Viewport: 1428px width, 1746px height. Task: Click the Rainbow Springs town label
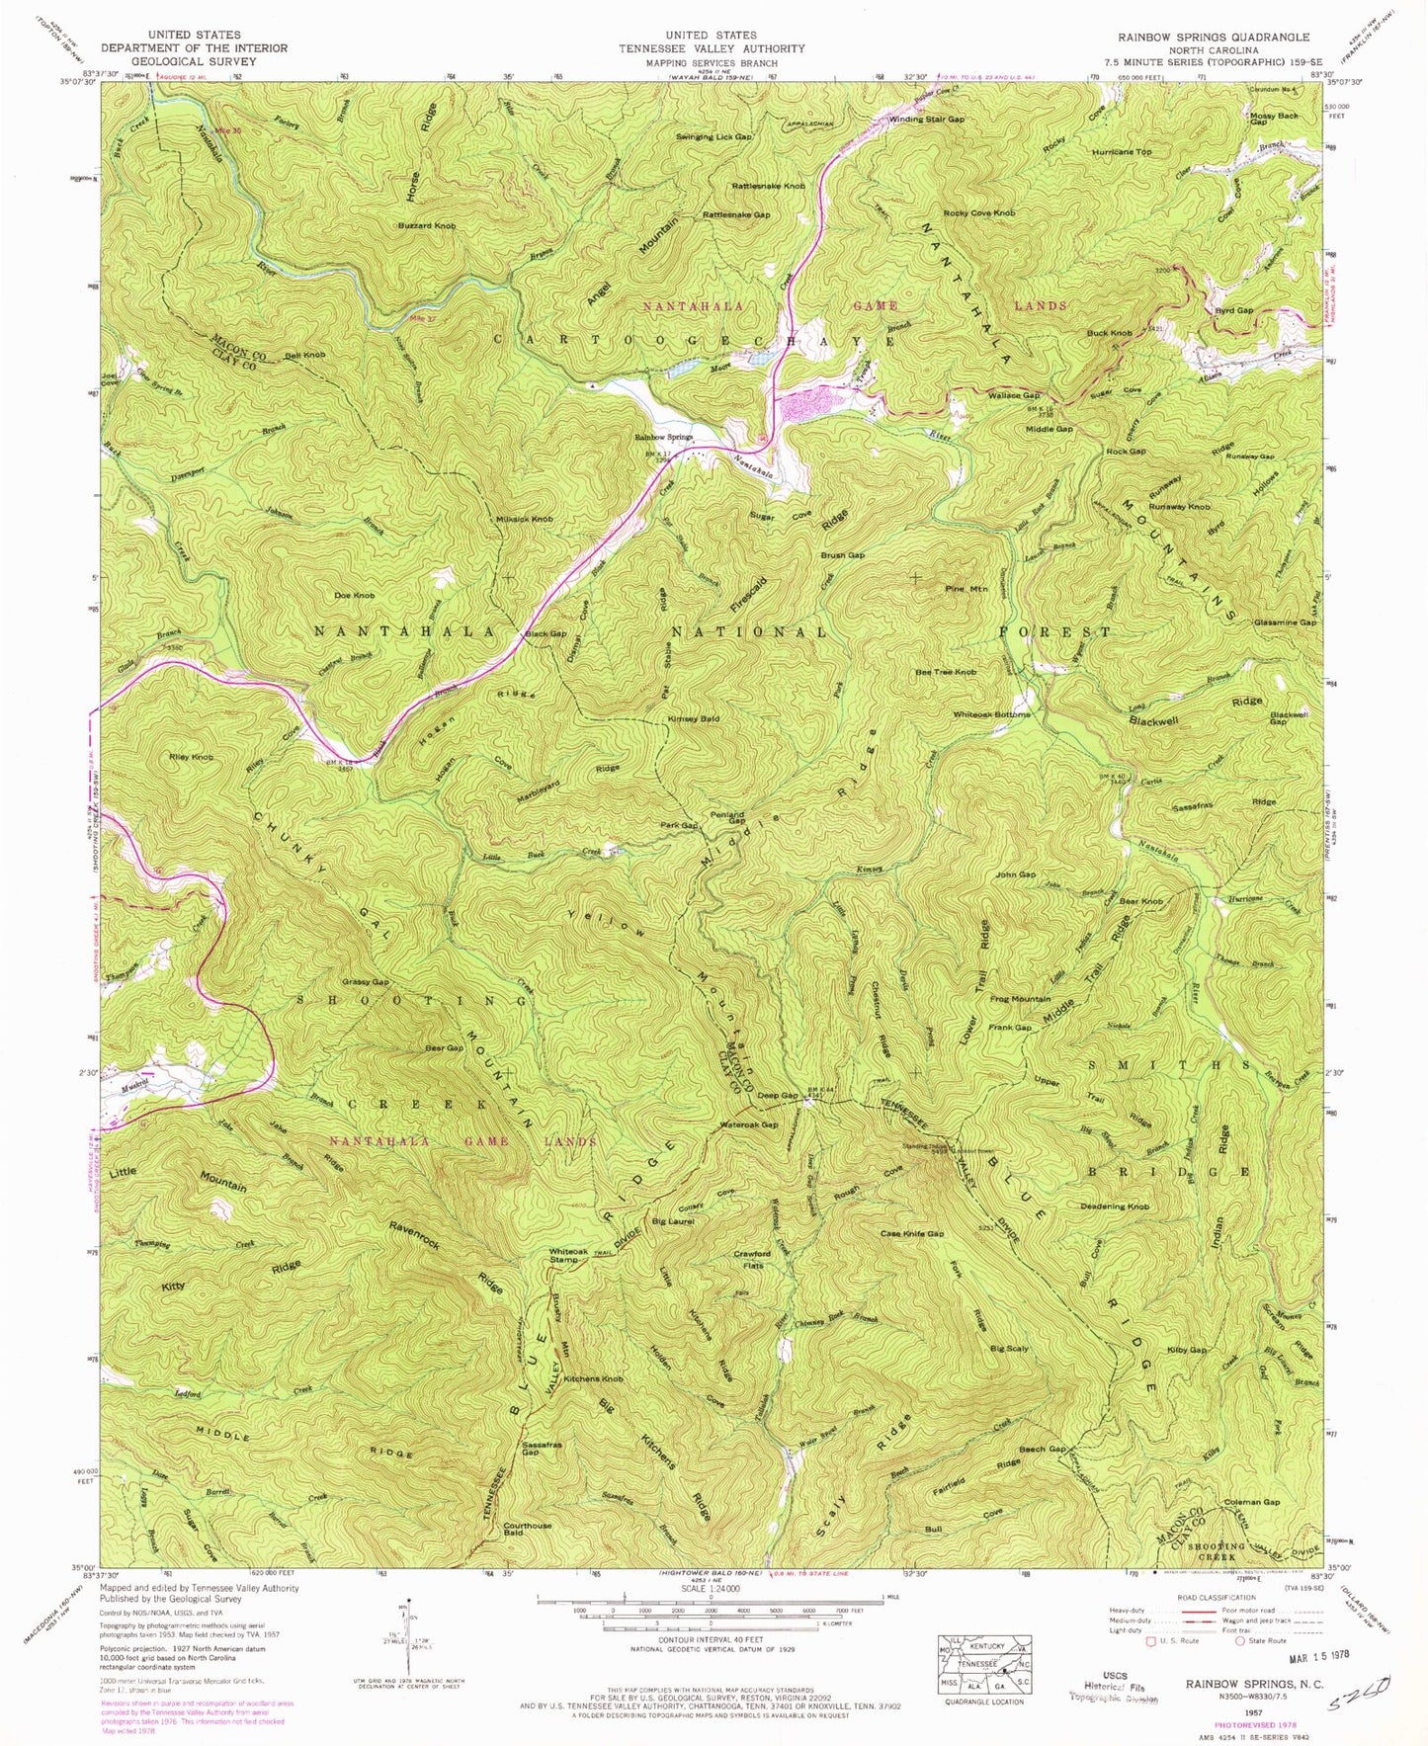point(663,437)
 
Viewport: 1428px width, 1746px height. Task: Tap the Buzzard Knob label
point(427,226)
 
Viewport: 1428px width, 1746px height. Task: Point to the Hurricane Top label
point(1122,152)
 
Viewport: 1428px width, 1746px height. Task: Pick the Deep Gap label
point(777,1095)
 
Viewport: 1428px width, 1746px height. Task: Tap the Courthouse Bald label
point(528,1529)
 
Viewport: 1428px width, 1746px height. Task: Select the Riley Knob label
point(191,757)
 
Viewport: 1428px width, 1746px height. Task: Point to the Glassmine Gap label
point(1282,623)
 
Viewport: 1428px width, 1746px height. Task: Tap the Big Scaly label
point(1009,1349)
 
